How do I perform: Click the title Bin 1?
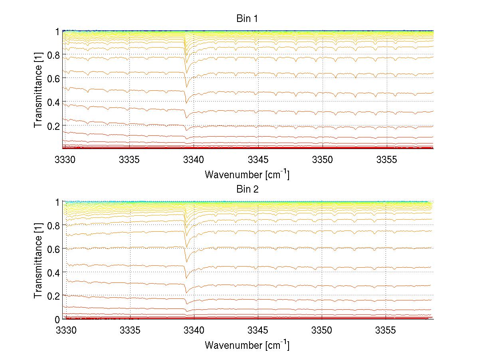(247, 19)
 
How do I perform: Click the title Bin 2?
(247, 189)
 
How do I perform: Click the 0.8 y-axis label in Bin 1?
(53, 55)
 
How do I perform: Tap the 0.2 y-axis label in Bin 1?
(53, 125)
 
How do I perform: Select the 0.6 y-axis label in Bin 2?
(53, 249)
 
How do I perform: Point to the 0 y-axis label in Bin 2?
(57, 319)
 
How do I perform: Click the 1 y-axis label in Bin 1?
(57, 32)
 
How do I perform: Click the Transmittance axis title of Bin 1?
(38, 90)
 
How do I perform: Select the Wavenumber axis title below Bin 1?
(247, 174)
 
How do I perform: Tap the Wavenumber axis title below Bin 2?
(247, 345)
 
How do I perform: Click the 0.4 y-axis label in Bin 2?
(53, 272)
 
